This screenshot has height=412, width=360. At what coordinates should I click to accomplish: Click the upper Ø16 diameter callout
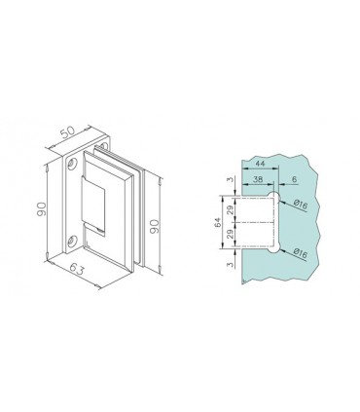(301, 206)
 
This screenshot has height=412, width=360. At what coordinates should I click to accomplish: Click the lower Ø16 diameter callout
(301, 254)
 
